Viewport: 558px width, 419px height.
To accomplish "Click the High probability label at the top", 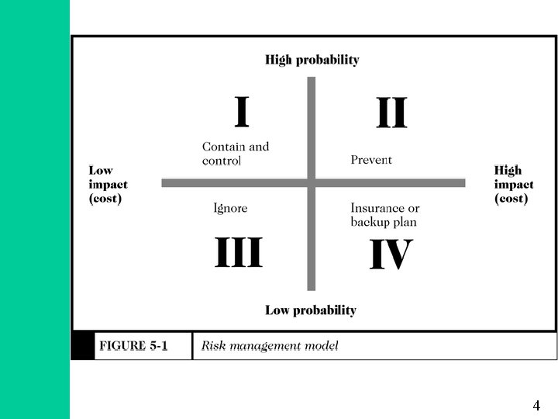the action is click(312, 60).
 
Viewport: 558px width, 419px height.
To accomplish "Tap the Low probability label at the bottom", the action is click(311, 310).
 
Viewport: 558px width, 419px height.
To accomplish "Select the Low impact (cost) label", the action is click(108, 185).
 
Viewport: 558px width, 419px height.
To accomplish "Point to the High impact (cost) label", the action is click(514, 185).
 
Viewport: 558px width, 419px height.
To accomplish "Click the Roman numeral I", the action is click(242, 112).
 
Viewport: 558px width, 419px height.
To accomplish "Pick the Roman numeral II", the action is click(391, 113).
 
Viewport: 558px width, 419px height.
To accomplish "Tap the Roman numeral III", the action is click(238, 254).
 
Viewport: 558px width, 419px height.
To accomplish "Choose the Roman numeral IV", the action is click(391, 255).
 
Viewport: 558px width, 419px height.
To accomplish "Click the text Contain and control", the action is click(235, 154).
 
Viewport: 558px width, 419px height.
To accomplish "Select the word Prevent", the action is click(371, 160).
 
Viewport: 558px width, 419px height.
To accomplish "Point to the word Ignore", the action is click(230, 208).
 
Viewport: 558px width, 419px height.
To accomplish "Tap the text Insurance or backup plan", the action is click(384, 215).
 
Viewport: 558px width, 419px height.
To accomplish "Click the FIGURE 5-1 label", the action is click(133, 346).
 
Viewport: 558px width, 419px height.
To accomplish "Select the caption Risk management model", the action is click(270, 346).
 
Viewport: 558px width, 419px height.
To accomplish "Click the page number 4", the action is click(536, 405).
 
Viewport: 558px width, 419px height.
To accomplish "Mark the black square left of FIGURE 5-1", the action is click(82, 346).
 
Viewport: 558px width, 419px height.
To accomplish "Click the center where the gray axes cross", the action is click(312, 183).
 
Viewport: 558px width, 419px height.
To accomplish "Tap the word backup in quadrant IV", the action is click(369, 222).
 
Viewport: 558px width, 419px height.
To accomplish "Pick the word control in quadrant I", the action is click(222, 161).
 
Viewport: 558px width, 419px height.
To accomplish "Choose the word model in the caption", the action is click(322, 346).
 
